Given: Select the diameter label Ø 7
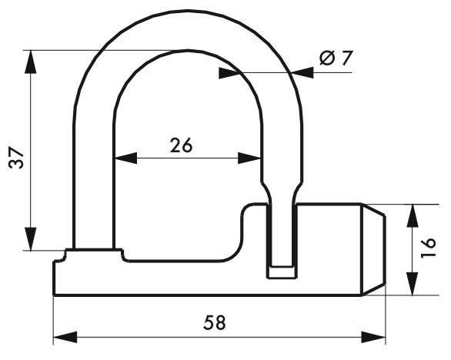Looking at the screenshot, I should (336, 58).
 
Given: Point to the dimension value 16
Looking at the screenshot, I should (432, 246).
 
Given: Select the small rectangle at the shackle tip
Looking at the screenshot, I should (281, 271).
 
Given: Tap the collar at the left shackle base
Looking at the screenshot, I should (93, 253).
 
